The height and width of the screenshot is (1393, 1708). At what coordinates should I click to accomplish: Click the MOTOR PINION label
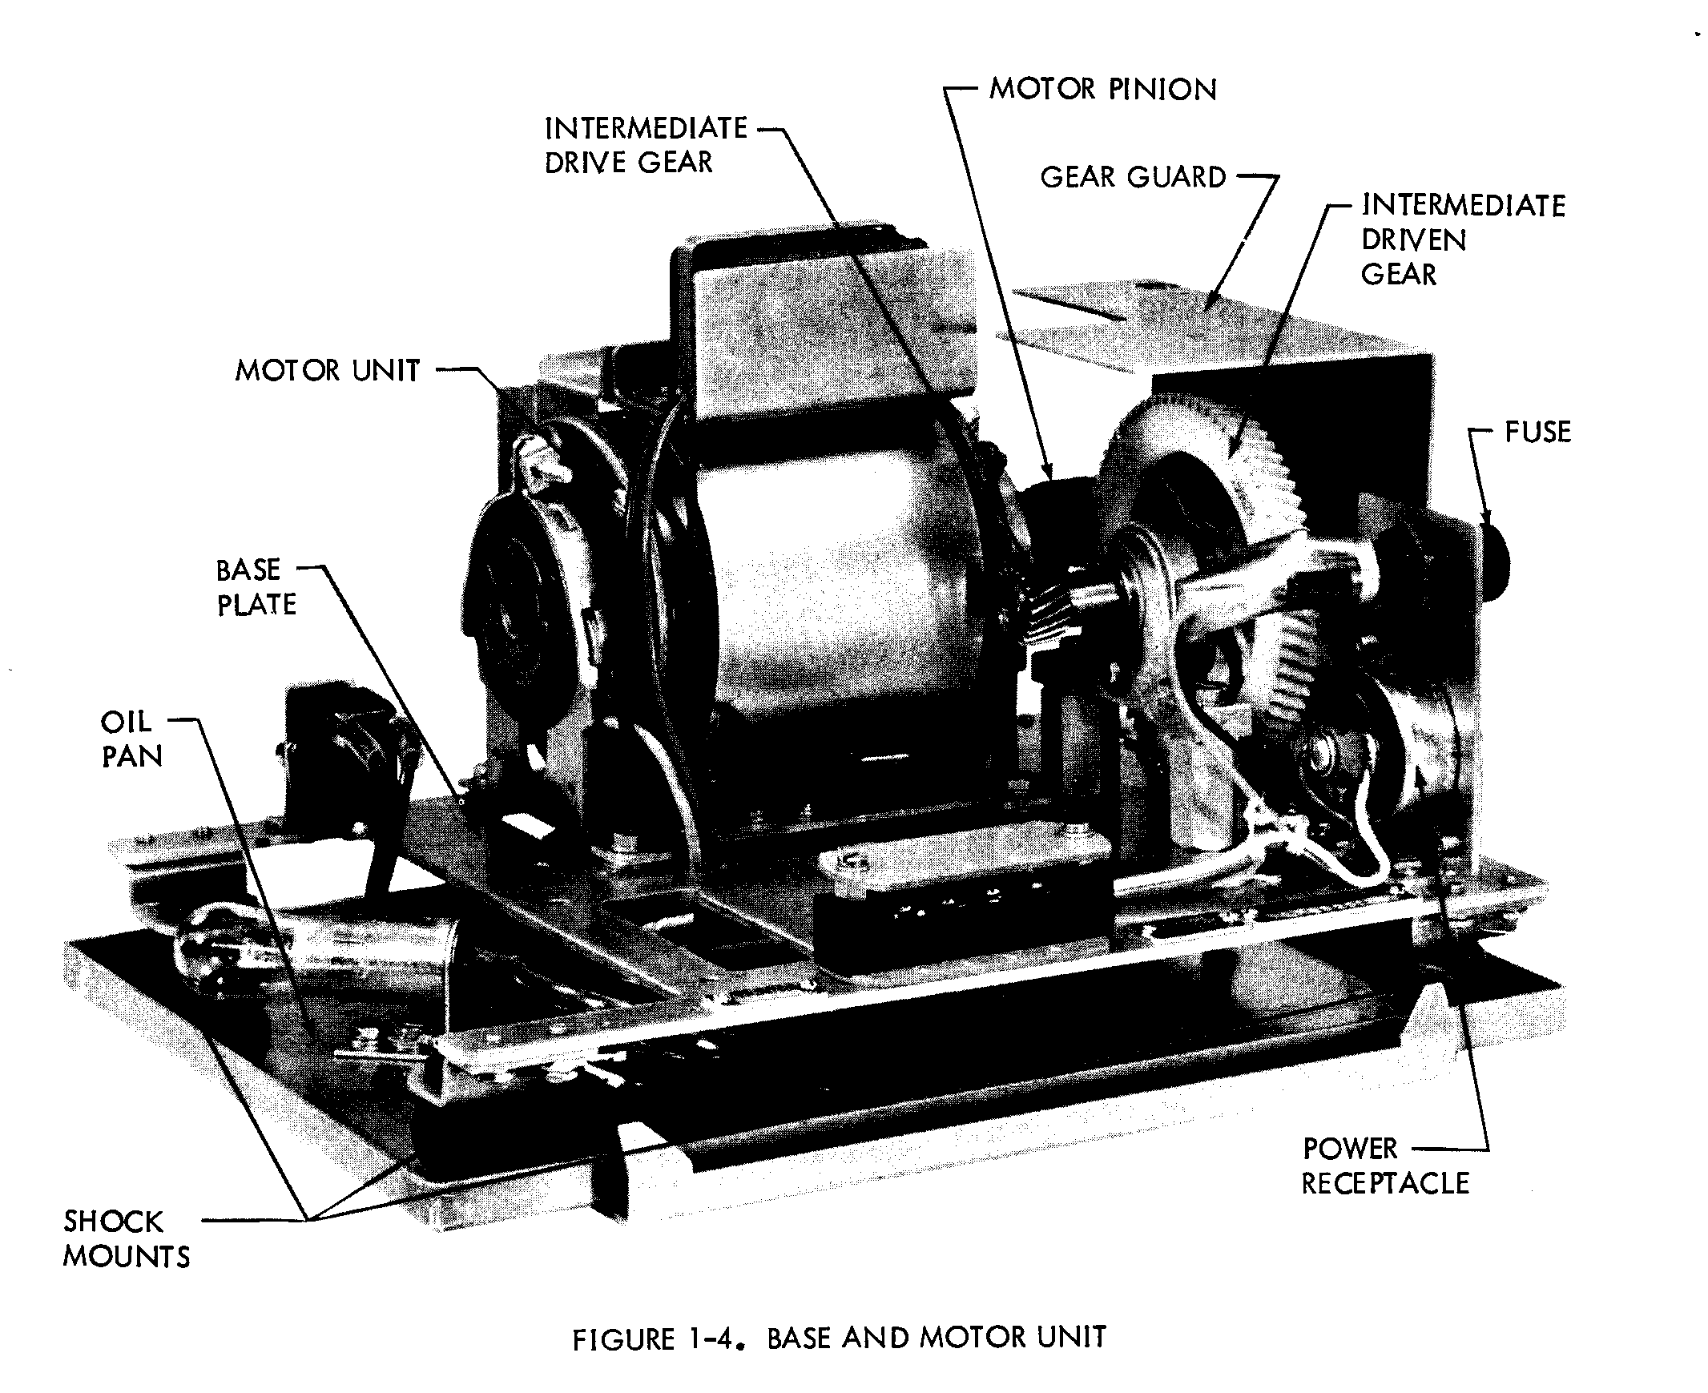(x=1102, y=89)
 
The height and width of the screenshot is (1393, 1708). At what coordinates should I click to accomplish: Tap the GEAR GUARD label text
(x=1133, y=177)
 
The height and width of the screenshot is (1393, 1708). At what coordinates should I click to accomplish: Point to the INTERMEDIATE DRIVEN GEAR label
(x=1461, y=240)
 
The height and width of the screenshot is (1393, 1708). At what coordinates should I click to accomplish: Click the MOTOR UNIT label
(x=327, y=371)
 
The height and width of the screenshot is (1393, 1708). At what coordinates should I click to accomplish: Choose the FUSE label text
(x=1537, y=433)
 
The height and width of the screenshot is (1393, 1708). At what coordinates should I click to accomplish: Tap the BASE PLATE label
(x=256, y=586)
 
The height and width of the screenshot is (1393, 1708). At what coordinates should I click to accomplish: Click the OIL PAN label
(x=131, y=739)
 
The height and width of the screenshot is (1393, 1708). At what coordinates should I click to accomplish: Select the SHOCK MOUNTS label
(x=126, y=1238)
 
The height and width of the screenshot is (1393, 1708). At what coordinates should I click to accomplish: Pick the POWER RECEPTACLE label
(x=1384, y=1166)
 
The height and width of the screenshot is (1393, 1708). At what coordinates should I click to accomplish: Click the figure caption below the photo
(x=839, y=1339)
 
